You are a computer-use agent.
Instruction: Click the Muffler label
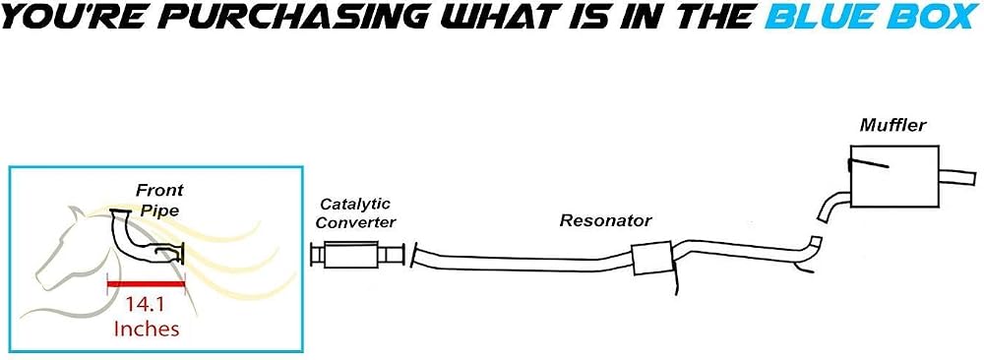tap(892, 126)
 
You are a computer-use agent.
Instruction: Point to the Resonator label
tap(605, 220)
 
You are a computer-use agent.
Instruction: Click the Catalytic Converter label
tap(355, 213)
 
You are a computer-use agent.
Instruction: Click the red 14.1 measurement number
tap(147, 306)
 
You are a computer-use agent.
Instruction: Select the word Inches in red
tap(147, 329)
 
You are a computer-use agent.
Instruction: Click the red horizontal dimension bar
tap(147, 284)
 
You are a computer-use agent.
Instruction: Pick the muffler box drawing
tap(894, 177)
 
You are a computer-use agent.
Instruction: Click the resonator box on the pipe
tap(652, 258)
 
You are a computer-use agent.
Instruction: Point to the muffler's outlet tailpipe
tap(957, 176)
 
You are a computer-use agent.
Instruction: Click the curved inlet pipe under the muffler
tap(832, 206)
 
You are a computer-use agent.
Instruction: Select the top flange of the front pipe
tap(119, 211)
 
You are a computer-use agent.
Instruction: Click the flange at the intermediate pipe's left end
tap(414, 256)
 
